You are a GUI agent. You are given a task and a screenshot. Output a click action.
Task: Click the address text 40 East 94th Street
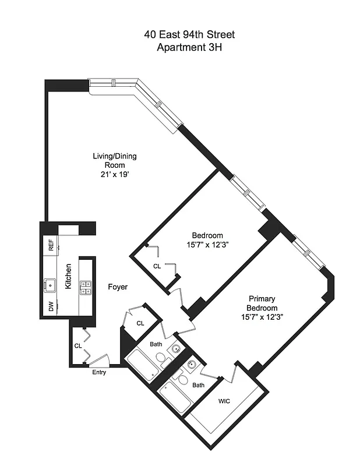click(x=189, y=35)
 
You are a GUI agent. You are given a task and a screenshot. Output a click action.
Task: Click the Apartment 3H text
click(x=189, y=47)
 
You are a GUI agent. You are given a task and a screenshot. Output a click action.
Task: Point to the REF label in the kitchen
click(x=51, y=245)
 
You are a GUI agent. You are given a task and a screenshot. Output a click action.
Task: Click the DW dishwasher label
click(x=51, y=306)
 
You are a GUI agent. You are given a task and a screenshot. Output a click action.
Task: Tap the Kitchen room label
click(x=68, y=276)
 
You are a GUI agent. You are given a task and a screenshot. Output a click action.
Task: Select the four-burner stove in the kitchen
click(x=86, y=285)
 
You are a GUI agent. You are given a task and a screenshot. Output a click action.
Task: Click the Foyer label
click(x=118, y=287)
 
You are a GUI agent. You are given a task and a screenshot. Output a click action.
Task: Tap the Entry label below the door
click(x=99, y=373)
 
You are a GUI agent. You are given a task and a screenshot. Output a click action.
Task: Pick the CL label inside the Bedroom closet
click(x=157, y=266)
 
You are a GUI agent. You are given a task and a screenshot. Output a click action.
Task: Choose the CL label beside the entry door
click(x=78, y=345)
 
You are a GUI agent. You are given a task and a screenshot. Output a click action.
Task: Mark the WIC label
click(x=224, y=401)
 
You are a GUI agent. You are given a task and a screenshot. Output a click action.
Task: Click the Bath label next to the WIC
click(x=199, y=385)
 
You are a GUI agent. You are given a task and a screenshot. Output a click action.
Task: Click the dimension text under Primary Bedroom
click(x=261, y=318)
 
